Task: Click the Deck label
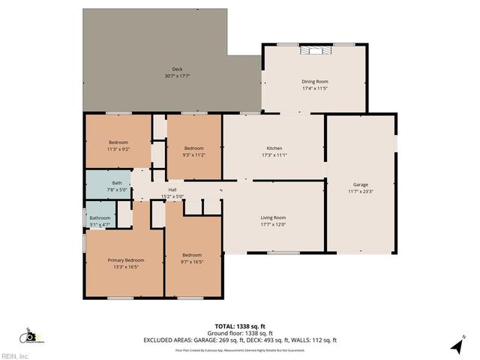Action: [x=177, y=69]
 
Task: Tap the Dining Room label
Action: [x=315, y=81]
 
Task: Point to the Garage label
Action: [x=361, y=184]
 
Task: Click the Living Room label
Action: [x=273, y=217]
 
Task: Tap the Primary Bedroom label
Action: [x=125, y=260]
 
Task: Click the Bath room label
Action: [x=117, y=183]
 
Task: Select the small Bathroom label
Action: [x=100, y=218]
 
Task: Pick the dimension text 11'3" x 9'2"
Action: [x=118, y=149]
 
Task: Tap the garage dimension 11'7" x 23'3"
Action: [x=361, y=192]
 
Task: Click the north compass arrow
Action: [x=455, y=346]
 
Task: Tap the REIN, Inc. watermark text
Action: [x=16, y=355]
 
